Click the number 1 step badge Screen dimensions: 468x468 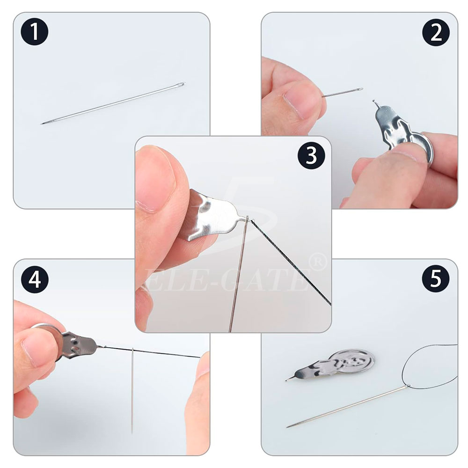click(35, 32)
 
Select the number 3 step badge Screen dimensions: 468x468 click(311, 155)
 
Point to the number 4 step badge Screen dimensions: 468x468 click(35, 279)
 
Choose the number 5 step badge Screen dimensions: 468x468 click(435, 278)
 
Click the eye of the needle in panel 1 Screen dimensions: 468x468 click(181, 85)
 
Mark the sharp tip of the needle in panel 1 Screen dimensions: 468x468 click(42, 124)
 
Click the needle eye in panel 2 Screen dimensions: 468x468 click(359, 89)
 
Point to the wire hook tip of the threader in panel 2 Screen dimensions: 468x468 click(373, 102)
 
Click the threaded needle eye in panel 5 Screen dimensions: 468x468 click(408, 386)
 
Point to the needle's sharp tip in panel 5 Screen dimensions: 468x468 click(287, 427)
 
